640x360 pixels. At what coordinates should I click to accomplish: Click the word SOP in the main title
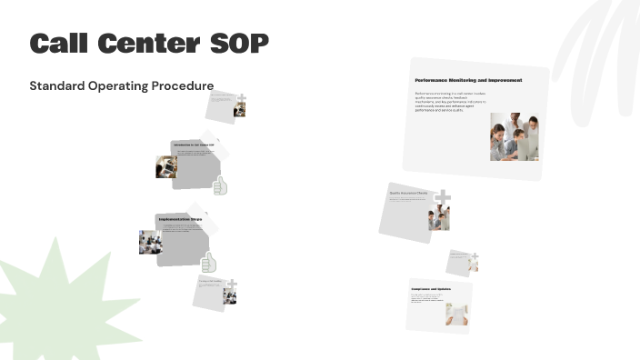pos(238,43)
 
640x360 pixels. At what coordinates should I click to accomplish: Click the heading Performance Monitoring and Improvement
pos(468,81)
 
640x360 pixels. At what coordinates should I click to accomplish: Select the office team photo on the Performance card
pos(514,137)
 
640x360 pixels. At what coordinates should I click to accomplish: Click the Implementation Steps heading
pos(180,219)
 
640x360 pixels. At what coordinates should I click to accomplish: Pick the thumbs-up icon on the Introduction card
pos(219,185)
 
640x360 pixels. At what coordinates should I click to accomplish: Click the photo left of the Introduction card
pos(166,166)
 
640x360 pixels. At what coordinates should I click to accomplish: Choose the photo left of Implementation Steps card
pos(150,242)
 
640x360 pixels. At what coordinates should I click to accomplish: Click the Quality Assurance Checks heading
pos(409,194)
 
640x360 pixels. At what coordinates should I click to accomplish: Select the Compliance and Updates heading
pos(431,289)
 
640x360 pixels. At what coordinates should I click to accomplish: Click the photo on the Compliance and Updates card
pos(456,315)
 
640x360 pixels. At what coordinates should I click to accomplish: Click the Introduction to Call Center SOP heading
pos(193,145)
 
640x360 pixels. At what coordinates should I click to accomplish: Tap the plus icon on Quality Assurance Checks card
pos(443,197)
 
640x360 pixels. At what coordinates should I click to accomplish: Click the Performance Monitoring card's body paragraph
pos(450,102)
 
